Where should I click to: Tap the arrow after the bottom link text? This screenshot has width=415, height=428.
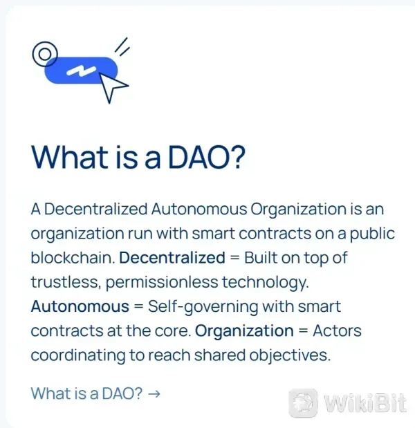tap(155, 394)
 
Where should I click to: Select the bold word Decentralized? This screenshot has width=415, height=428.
tap(172, 258)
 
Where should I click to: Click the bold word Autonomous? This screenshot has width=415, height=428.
tap(80, 306)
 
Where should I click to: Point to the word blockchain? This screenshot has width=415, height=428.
tap(71, 258)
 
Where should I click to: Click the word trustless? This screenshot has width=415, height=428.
tap(60, 282)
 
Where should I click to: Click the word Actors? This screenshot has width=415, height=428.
tap(337, 331)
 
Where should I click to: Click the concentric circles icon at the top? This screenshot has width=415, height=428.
tap(46, 53)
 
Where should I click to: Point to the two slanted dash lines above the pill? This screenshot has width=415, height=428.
tap(122, 46)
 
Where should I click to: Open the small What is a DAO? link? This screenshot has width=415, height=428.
tap(87, 394)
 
